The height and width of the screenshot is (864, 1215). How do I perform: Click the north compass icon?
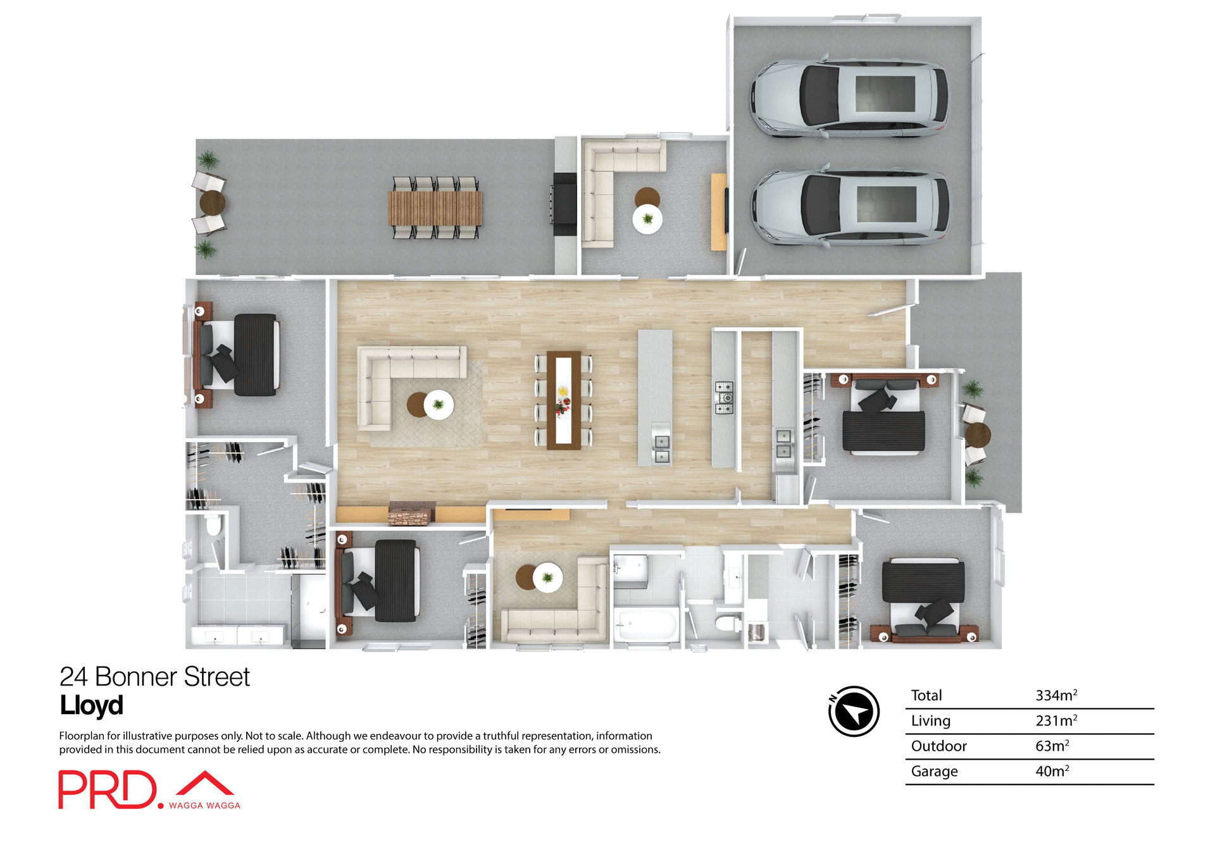coord(854,711)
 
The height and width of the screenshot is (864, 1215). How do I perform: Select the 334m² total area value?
coord(1056,695)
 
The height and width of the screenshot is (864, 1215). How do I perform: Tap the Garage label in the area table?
coord(934,771)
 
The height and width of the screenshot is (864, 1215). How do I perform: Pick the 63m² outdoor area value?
coord(1052,746)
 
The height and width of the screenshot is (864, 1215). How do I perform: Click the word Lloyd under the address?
coord(91,705)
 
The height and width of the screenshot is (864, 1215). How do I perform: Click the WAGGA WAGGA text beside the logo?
coord(204,805)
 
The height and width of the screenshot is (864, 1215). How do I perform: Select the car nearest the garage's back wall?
coord(849,98)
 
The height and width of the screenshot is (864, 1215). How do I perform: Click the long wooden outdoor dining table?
coord(435,208)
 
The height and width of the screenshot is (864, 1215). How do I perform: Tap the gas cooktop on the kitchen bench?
coord(724,398)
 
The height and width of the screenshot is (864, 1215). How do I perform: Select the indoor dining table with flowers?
coord(563,400)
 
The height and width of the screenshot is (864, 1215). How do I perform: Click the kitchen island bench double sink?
coord(661,448)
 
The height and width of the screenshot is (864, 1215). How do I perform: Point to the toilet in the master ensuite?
coord(215,524)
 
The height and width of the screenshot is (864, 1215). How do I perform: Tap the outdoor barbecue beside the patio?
coord(564,204)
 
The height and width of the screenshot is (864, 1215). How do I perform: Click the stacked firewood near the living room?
coord(411,514)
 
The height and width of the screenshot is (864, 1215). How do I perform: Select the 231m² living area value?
coord(1056,720)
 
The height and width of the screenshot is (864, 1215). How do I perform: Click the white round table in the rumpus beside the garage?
coord(647,219)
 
